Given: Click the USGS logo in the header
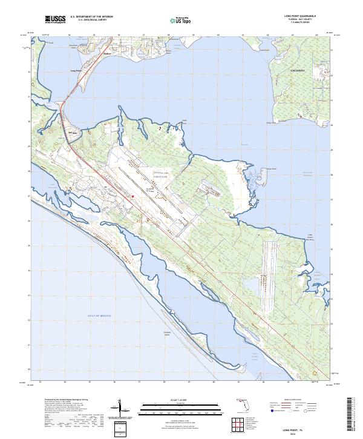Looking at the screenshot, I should (55, 20).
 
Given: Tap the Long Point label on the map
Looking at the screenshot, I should (76, 71).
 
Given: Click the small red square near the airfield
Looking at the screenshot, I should (132, 196).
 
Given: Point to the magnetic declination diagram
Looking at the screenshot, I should (121, 409).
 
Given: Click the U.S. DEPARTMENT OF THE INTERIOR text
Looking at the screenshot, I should (91, 17).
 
